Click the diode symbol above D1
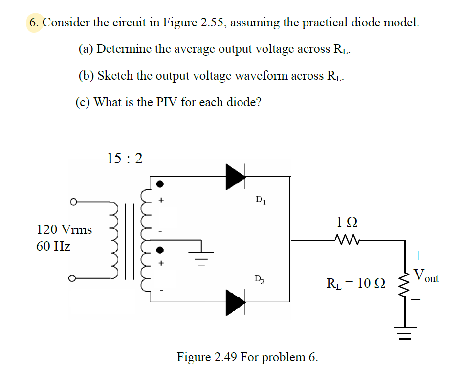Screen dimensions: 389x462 [x=235, y=176]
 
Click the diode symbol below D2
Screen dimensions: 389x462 [x=235, y=301]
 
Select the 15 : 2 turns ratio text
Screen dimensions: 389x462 [x=125, y=158]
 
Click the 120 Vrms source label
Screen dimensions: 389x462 [x=64, y=229]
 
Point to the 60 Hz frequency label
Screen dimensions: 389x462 [x=53, y=246]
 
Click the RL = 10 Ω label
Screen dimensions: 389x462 [x=355, y=283]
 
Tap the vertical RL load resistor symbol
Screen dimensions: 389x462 [x=404, y=284]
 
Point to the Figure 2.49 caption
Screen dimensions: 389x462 [x=247, y=357]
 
